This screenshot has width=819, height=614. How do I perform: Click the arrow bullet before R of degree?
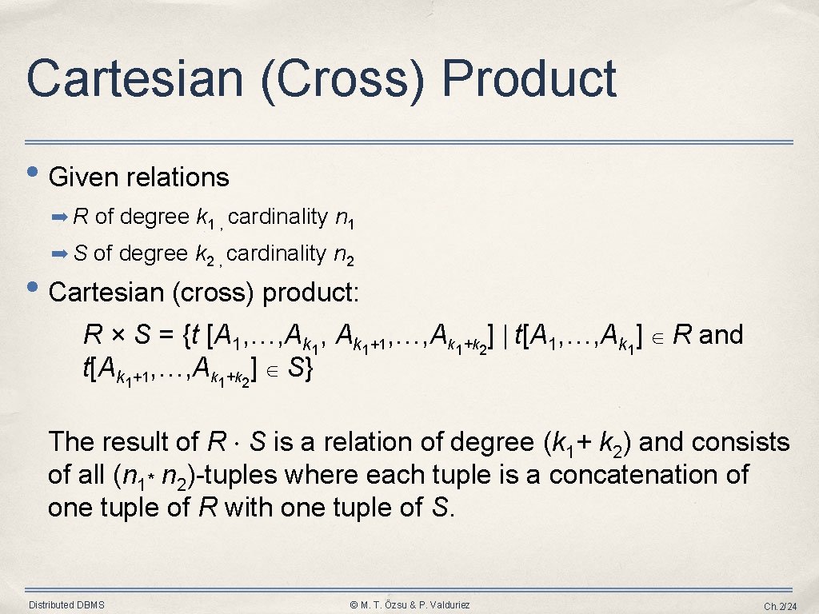[61, 217]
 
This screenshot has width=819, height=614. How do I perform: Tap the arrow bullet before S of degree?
[61, 254]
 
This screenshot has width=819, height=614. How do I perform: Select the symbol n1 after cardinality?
[344, 218]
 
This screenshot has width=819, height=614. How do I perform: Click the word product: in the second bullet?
[311, 293]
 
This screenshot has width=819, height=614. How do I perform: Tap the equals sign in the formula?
[166, 336]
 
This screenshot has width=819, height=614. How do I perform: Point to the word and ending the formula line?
[721, 335]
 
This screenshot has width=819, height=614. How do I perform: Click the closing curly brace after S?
[308, 370]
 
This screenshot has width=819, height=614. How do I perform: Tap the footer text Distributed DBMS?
[66, 604]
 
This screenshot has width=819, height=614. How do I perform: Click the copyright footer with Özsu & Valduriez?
[410, 604]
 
